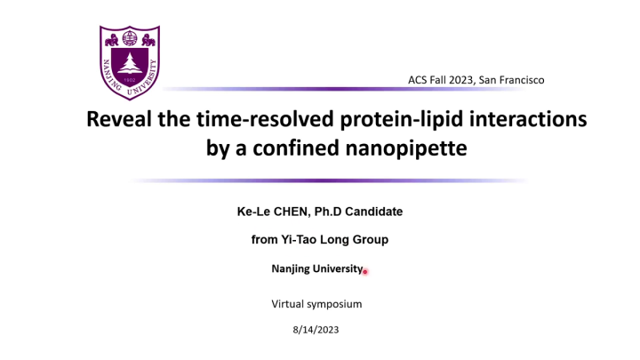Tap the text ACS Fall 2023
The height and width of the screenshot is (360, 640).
(440, 80)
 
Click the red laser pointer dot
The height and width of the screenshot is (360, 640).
(364, 272)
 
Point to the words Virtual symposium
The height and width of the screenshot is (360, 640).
(316, 304)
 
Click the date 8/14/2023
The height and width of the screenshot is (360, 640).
(316, 330)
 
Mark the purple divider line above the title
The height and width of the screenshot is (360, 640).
(356, 89)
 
